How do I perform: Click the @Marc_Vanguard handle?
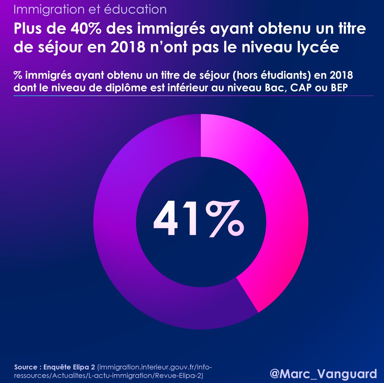323,374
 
